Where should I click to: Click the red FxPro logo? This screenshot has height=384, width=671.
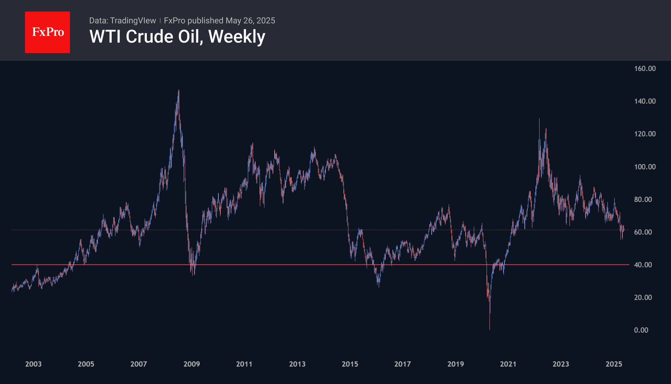pyautogui.click(x=47, y=32)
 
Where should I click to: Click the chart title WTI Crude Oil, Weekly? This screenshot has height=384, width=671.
pyautogui.click(x=177, y=37)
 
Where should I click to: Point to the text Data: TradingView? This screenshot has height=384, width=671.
pyautogui.click(x=122, y=21)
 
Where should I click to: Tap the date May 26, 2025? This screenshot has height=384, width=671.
pyautogui.click(x=250, y=21)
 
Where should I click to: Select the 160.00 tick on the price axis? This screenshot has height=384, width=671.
pyautogui.click(x=645, y=68)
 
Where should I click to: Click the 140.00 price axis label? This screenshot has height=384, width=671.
pyautogui.click(x=645, y=101)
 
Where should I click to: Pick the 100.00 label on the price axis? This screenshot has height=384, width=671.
pyautogui.click(x=645, y=167)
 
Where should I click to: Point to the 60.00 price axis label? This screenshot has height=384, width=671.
pyautogui.click(x=643, y=232)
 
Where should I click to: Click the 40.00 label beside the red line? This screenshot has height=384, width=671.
pyautogui.click(x=643, y=265)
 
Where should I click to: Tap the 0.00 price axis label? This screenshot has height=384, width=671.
pyautogui.click(x=641, y=330)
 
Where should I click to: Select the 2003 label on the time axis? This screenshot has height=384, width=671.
pyautogui.click(x=33, y=364)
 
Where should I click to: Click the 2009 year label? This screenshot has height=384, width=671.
pyautogui.click(x=191, y=364)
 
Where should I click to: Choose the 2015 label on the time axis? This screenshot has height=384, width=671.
pyautogui.click(x=350, y=364)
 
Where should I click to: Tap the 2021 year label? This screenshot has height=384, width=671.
pyautogui.click(x=508, y=364)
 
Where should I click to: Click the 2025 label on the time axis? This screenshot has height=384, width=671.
pyautogui.click(x=614, y=364)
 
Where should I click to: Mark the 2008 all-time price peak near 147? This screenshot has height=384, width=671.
pyautogui.click(x=179, y=90)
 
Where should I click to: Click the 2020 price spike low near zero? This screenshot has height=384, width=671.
pyautogui.click(x=489, y=329)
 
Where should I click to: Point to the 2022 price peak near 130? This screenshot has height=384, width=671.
pyautogui.click(x=539, y=119)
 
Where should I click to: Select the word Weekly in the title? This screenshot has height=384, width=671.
pyautogui.click(x=237, y=37)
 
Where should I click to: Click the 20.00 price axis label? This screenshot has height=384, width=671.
pyautogui.click(x=643, y=297)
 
